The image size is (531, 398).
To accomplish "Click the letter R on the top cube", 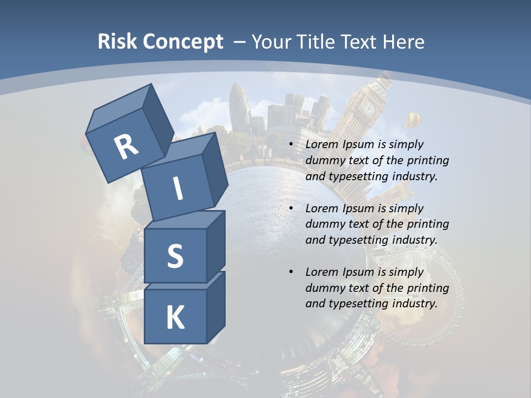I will click(126, 146).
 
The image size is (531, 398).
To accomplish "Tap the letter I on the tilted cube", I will click(178, 188).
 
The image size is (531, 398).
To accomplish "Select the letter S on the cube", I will click(175, 256).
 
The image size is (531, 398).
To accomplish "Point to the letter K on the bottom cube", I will click(175, 317).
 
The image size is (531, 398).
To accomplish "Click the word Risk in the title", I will click(117, 42).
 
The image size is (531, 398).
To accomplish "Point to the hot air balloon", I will click(413, 119).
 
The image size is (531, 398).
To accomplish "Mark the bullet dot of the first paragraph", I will click(291, 145).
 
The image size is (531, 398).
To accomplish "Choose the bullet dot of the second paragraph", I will click(291, 209).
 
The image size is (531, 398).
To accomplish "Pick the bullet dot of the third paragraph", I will click(291, 273).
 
